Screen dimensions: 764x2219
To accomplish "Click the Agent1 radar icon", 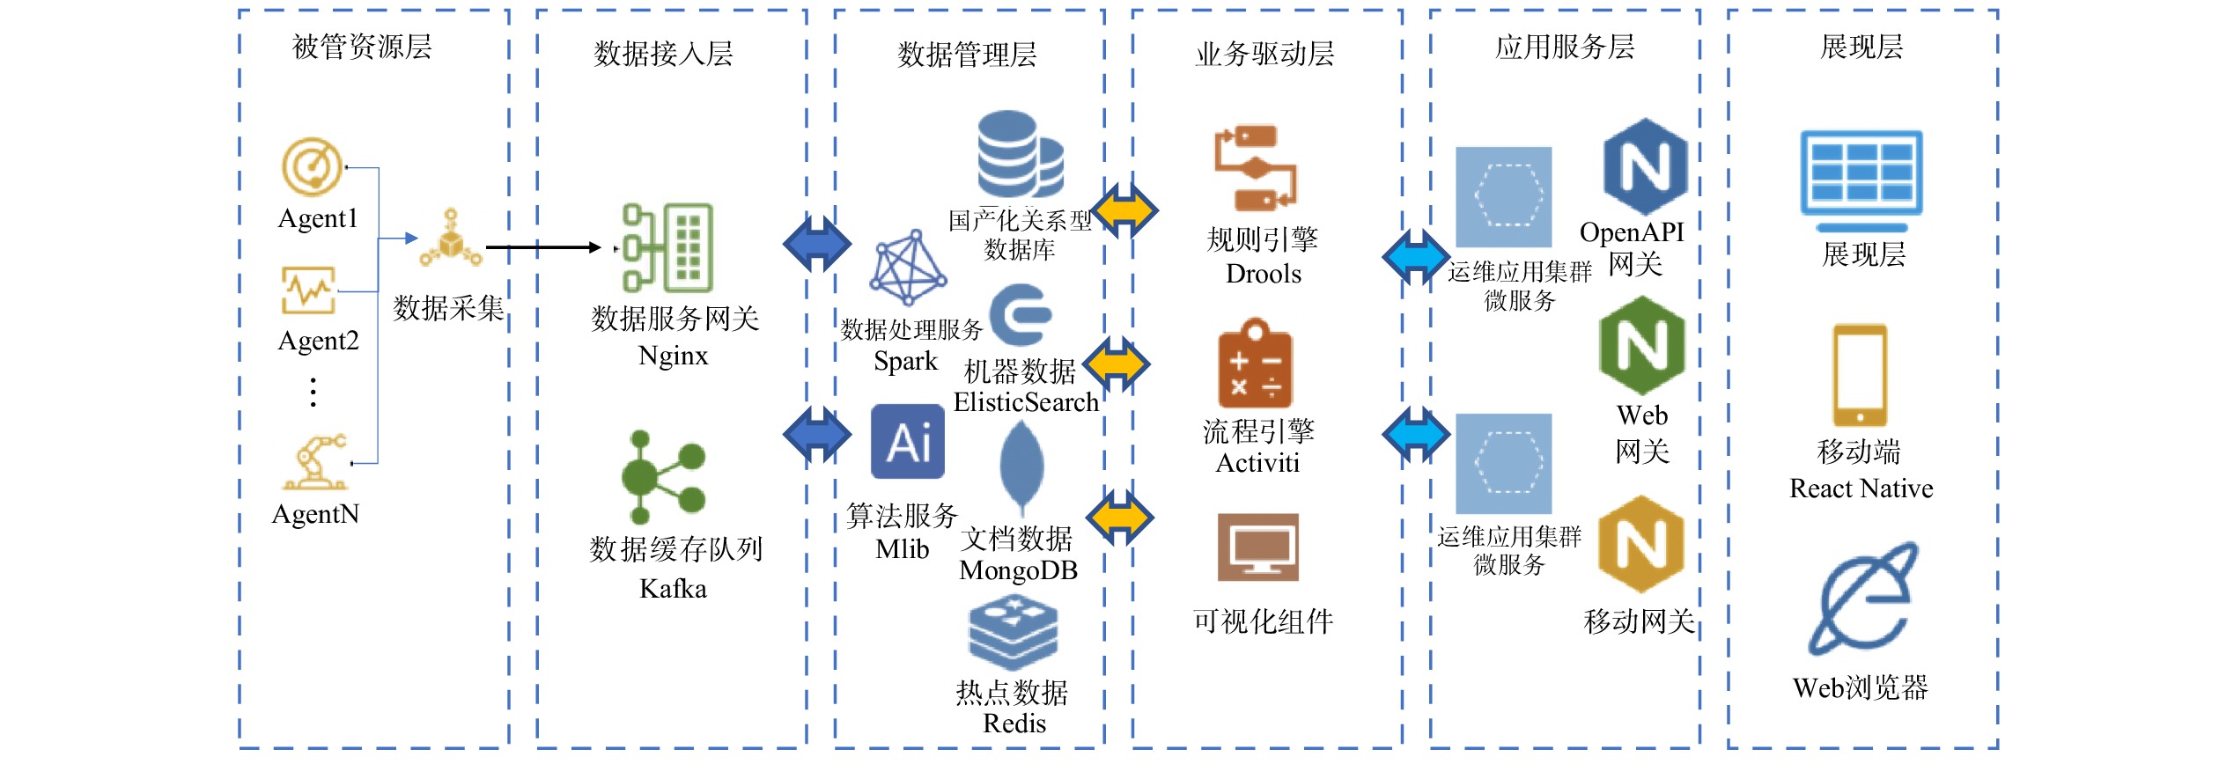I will pyautogui.click(x=312, y=166).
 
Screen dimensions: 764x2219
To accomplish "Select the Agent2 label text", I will pyautogui.click(x=318, y=341).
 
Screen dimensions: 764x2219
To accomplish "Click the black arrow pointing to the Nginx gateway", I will pyautogui.click(x=542, y=247).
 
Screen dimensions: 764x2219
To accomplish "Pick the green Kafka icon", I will pyautogui.click(x=662, y=477).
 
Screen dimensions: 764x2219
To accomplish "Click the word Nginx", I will pyautogui.click(x=673, y=356).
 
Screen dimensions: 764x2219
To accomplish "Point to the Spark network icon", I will pyautogui.click(x=908, y=268).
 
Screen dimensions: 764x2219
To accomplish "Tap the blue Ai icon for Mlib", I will pyautogui.click(x=908, y=442).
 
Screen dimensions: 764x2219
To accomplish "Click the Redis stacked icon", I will pyautogui.click(x=1013, y=633).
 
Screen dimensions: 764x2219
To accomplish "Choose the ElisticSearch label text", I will pyautogui.click(x=1026, y=402).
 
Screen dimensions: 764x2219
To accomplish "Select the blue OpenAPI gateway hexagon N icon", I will pyautogui.click(x=1644, y=167).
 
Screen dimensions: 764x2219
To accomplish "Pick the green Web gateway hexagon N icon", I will pyautogui.click(x=1641, y=346).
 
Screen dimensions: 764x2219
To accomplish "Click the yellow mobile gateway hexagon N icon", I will pyautogui.click(x=1640, y=544).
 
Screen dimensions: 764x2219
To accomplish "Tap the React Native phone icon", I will pyautogui.click(x=1860, y=376).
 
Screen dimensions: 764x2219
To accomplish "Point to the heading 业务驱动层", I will pyautogui.click(x=1264, y=55).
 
